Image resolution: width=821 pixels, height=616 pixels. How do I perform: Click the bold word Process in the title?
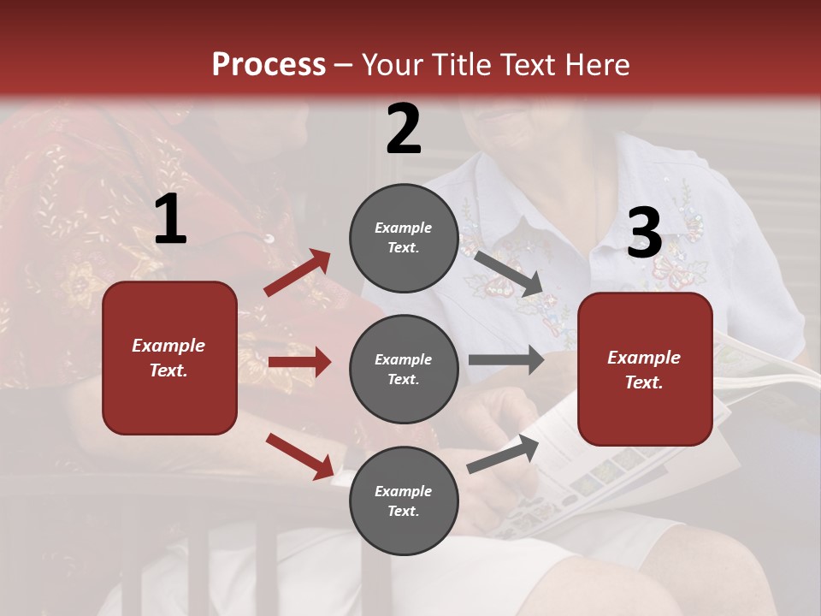pos(269,65)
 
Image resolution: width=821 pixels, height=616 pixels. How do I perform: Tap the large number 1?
pos(170,220)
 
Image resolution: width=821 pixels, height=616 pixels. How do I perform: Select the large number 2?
pos(404,129)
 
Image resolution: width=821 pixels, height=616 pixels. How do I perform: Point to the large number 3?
pos(644,234)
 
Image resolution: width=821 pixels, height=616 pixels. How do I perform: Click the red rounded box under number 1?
pos(169,358)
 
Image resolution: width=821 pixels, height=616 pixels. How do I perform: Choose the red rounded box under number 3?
pos(645,370)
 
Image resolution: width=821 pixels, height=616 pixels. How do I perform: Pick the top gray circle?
pos(404,238)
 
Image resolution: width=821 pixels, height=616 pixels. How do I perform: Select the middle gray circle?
pos(404,369)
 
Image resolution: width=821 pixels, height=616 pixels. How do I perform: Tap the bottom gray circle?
pos(404,500)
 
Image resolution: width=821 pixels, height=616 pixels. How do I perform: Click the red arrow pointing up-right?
pos(298,273)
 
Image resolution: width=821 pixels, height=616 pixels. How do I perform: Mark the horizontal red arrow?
pos(299,362)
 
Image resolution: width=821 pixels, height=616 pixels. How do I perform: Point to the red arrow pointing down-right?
pos(300,456)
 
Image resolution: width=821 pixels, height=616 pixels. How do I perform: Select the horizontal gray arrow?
pos(505,359)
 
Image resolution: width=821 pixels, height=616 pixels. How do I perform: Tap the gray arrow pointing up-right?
pos(504,453)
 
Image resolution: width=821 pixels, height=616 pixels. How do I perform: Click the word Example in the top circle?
pos(404,228)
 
